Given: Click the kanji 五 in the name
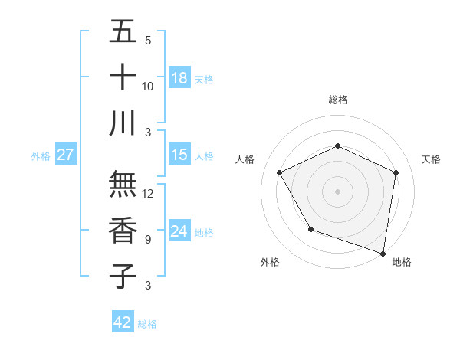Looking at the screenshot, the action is tap(123, 33).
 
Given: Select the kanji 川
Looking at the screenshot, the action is tap(123, 123).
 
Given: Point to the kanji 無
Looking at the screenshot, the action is tap(123, 185).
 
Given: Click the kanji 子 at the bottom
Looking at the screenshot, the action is tap(123, 276).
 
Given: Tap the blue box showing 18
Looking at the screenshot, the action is tap(179, 77).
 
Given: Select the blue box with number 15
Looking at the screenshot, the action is tap(179, 155).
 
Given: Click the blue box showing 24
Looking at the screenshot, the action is tap(179, 231).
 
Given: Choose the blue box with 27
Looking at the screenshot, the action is tap(65, 155).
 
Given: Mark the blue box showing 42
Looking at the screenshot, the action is tap(123, 322).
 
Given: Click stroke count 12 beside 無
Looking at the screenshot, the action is tap(148, 194).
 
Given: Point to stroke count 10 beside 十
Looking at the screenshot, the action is tap(148, 86).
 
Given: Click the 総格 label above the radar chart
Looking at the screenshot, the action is tap(337, 100).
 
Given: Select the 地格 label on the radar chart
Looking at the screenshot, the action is tap(402, 262).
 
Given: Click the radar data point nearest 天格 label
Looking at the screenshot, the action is tap(396, 172).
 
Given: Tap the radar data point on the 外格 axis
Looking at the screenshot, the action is tap(310, 229).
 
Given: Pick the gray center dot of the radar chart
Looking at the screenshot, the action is tap(337, 191).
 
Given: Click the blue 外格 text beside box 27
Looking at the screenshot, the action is tap(41, 155).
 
